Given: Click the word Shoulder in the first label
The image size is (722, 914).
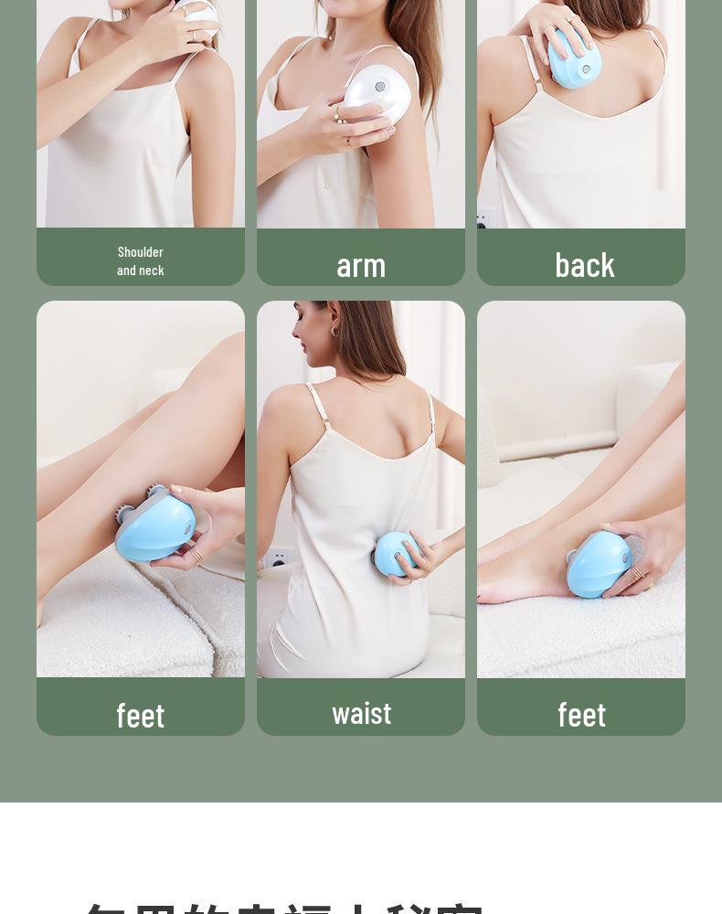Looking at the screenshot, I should (x=140, y=251).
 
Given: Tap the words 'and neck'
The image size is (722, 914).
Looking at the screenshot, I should (x=140, y=270).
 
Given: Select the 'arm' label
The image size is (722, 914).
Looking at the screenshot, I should (x=361, y=265).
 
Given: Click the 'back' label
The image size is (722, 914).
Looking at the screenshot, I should (x=584, y=265).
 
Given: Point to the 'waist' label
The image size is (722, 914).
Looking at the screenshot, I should (x=361, y=713).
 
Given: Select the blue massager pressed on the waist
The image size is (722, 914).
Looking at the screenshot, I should (x=396, y=553).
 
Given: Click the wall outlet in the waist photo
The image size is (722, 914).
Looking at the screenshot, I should (x=279, y=558).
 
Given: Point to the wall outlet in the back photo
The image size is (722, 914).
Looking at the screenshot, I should (x=483, y=219).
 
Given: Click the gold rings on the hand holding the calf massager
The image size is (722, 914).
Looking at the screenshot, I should (x=196, y=555).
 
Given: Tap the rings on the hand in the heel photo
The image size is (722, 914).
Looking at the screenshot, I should (x=638, y=574).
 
